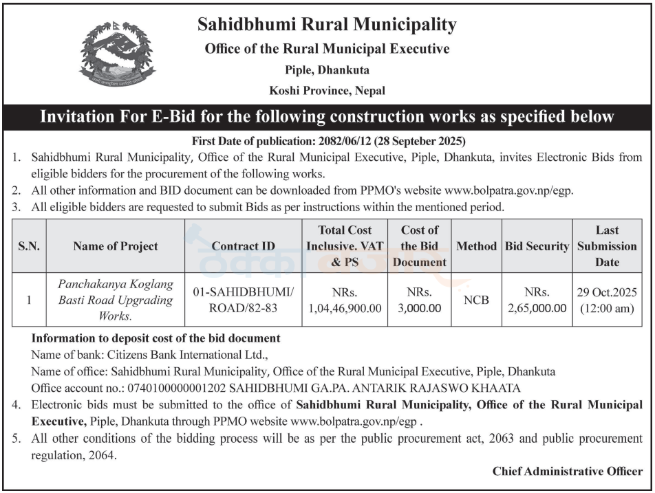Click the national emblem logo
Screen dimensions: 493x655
click(x=118, y=54)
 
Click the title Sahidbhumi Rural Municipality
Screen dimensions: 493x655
click(x=327, y=25)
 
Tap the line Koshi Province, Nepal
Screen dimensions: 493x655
click(x=327, y=90)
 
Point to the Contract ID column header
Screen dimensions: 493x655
click(x=243, y=246)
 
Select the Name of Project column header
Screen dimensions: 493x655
click(x=115, y=246)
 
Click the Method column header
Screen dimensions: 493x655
click(x=476, y=246)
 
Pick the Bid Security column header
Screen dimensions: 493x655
click(x=537, y=246)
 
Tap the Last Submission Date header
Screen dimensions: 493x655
click(x=607, y=245)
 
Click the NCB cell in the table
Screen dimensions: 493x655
click(x=476, y=300)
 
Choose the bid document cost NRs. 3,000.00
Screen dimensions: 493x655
click(x=420, y=300)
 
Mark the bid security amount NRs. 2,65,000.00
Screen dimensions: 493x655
click(x=537, y=300)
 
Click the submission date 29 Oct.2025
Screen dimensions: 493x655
click(x=607, y=292)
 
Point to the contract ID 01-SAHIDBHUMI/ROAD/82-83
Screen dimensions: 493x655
click(x=243, y=300)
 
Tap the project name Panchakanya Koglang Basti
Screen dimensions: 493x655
click(x=115, y=292)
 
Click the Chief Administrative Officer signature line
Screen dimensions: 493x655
click(x=568, y=472)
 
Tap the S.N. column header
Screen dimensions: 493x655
click(x=28, y=246)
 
